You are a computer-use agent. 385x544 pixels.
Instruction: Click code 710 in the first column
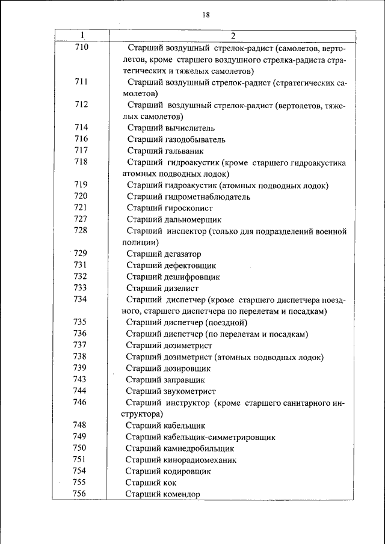[81, 47]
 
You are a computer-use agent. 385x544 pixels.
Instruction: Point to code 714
[81, 127]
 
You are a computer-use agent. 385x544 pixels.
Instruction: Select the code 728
[81, 231]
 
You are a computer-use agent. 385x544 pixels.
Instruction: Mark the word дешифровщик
[189, 277]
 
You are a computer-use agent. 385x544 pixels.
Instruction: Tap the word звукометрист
[189, 391]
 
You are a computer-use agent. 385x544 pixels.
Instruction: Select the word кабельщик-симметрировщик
[219, 437]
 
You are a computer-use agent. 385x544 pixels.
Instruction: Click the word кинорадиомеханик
[199, 460]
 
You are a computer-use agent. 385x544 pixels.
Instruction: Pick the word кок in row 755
[169, 483]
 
